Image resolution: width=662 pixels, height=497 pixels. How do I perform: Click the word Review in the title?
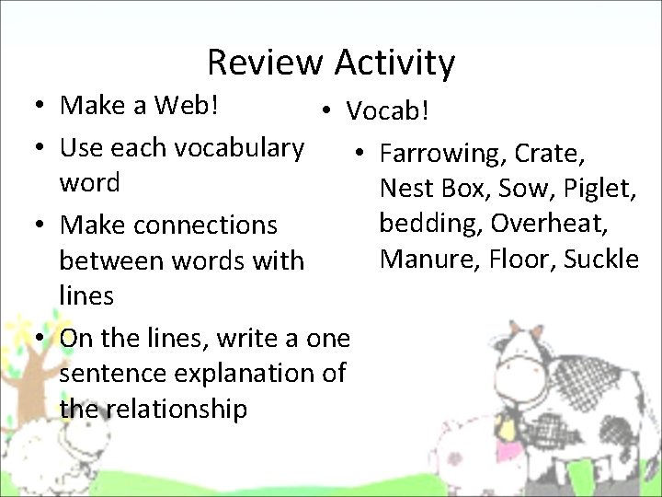[x=265, y=63]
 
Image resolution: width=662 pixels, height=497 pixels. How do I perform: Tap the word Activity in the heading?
[x=394, y=63]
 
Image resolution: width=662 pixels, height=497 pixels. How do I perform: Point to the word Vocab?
[x=387, y=111]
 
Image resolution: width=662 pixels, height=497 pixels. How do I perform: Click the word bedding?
[x=430, y=224]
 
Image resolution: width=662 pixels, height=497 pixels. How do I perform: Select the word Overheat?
[x=562, y=224]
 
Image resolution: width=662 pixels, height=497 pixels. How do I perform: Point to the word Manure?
[x=422, y=259]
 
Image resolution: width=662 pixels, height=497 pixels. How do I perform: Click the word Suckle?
[x=601, y=259]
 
